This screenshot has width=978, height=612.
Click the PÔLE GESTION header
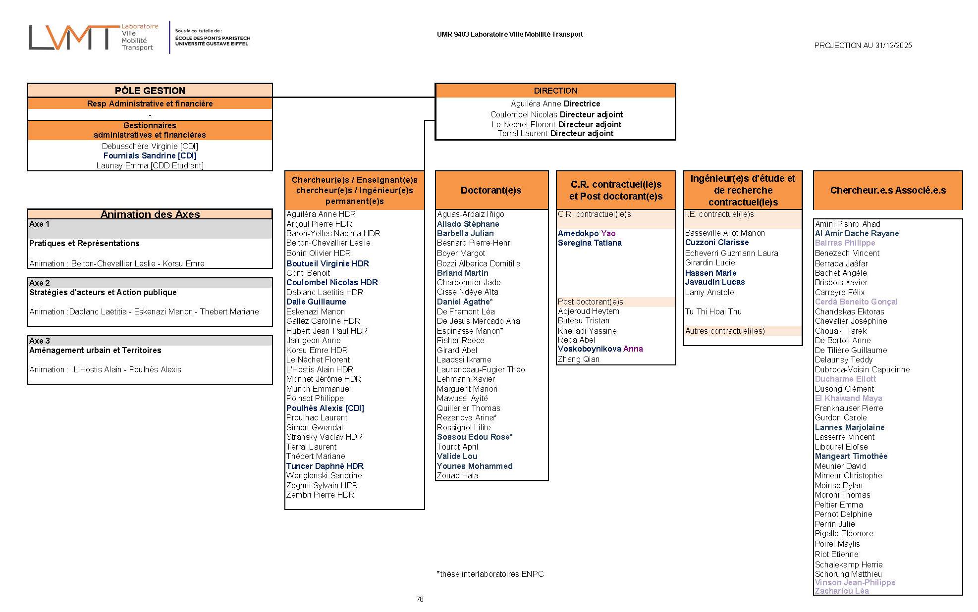coord(150,91)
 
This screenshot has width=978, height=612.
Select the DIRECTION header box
coord(555,91)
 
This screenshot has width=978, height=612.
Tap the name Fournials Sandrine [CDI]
coord(150,155)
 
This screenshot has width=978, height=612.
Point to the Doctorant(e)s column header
coord(491,190)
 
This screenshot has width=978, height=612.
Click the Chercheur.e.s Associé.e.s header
coord(887,190)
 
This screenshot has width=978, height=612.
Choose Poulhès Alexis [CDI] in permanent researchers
coord(325,408)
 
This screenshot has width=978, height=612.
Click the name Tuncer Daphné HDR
coord(325,466)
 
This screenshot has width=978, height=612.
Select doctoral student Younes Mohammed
coord(474,466)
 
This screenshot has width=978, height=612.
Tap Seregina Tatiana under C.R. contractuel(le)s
coord(589,243)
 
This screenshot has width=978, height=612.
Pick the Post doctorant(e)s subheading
coord(590,302)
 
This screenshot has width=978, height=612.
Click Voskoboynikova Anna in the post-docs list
coord(600,349)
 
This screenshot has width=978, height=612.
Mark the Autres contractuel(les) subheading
coord(725,331)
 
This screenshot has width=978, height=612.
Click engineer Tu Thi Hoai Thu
coord(713,311)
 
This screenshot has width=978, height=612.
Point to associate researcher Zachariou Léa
coord(841,591)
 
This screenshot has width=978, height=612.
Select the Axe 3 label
coord(40,341)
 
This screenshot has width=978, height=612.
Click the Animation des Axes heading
coord(150,214)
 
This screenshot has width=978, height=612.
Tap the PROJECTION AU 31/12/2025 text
coord(863,46)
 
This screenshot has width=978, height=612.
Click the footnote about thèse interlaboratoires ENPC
coord(490,574)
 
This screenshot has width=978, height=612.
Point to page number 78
coord(420,599)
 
